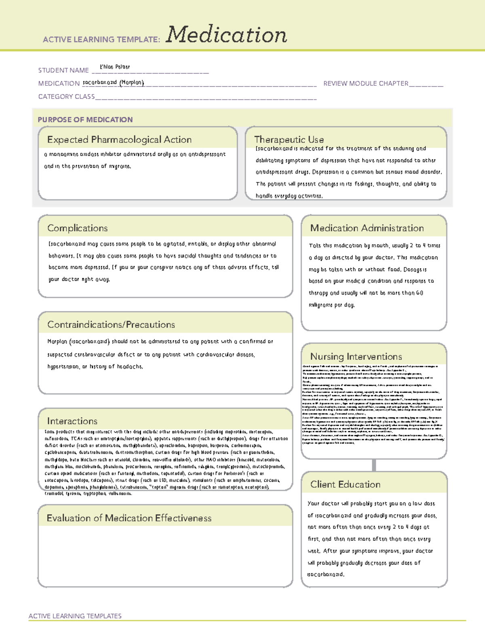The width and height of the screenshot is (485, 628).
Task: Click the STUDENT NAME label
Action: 63,70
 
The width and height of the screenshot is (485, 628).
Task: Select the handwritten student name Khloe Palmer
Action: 115,67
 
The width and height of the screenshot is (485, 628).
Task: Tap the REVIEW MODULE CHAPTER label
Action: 366,83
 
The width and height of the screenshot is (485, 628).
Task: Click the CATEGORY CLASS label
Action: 66,97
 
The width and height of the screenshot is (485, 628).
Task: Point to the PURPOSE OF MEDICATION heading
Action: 85,120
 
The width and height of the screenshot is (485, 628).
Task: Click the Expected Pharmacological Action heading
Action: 119,140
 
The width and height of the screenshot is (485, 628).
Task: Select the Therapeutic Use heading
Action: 289,140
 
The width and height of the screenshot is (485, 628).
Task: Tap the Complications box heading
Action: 77,228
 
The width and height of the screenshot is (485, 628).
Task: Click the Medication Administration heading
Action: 367,228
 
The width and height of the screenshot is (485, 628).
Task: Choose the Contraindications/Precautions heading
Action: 111,325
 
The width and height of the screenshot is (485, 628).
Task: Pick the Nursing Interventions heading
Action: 356,357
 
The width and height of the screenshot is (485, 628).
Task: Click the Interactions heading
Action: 72,421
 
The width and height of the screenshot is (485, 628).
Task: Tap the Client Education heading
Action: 345,484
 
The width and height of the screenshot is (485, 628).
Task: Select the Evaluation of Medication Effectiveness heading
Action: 129,518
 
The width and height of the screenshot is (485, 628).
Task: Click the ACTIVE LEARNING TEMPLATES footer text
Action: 75,616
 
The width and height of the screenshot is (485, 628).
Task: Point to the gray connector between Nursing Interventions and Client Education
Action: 374,465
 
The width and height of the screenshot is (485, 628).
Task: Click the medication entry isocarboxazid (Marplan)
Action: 113,82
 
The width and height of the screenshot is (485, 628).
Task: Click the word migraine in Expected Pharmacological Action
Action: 120,166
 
